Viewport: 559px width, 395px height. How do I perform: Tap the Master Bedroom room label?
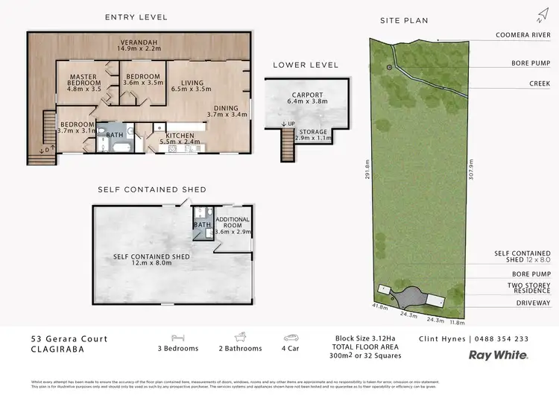coord(84,81)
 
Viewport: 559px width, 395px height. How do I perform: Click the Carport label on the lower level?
coord(307,100)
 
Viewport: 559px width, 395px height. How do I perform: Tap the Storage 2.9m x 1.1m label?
coord(312,136)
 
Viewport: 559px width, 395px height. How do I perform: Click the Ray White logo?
coord(498,355)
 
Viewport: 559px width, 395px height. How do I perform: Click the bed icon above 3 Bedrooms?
coord(179,338)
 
